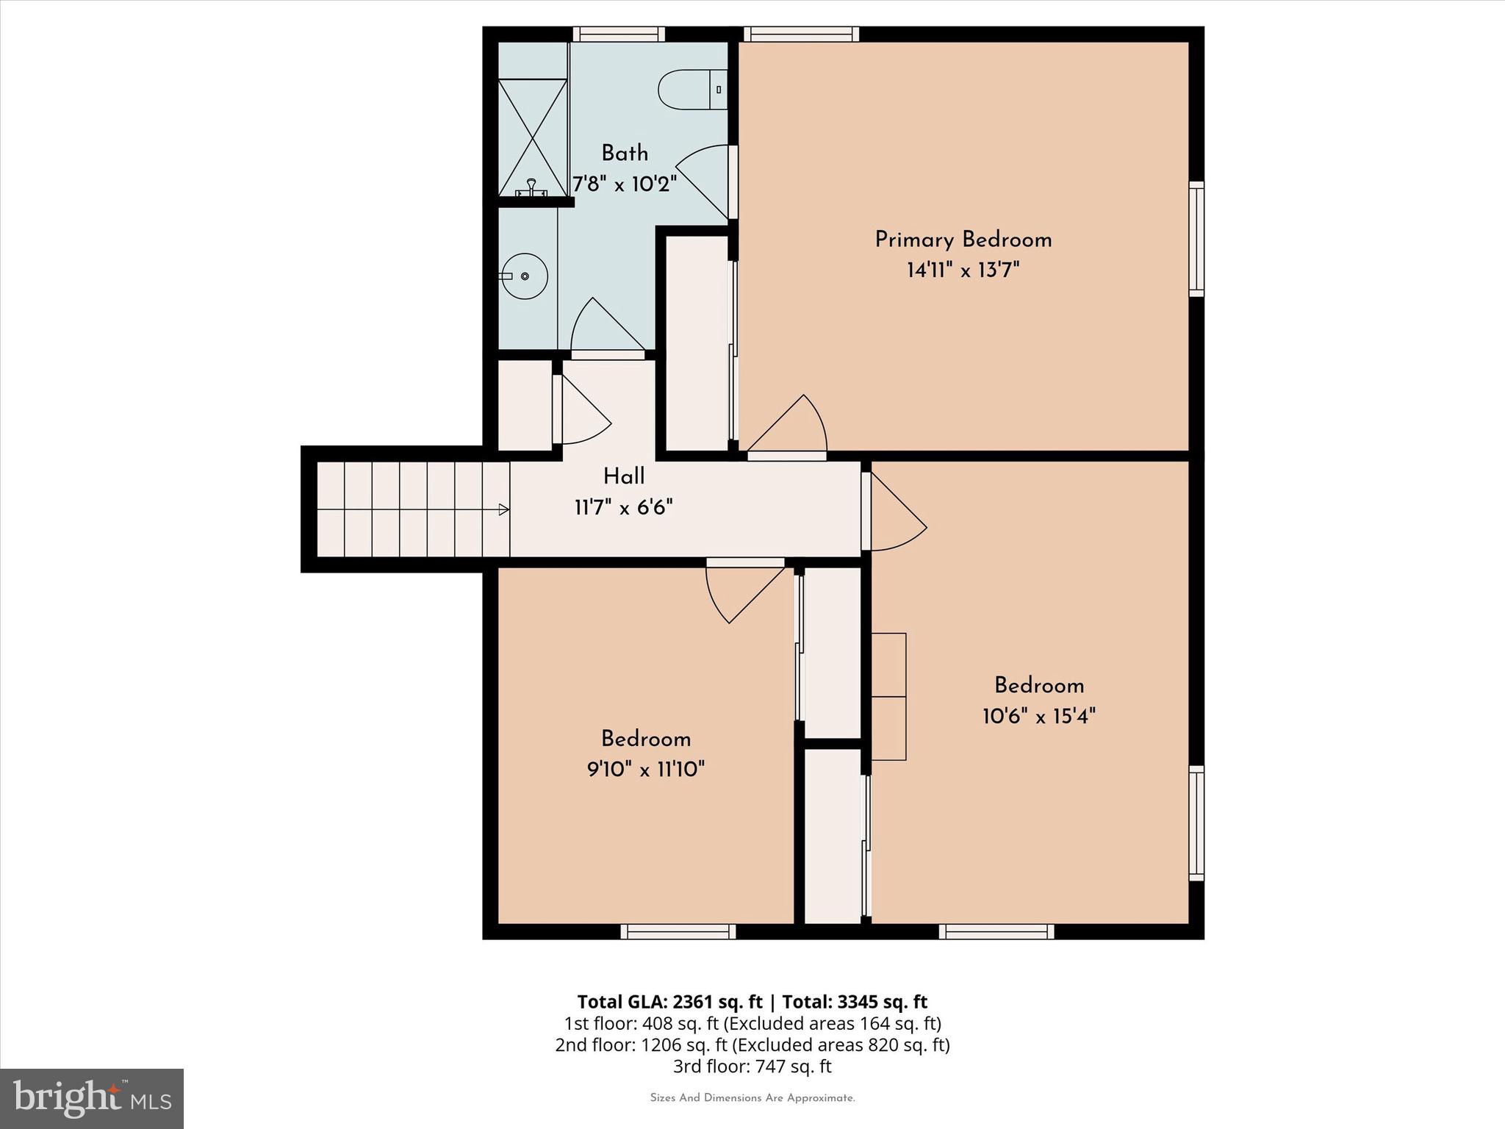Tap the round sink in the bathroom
click(524, 276)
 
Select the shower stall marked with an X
click(533, 137)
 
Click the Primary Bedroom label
click(963, 240)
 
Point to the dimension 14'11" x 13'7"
click(963, 270)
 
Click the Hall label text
click(624, 477)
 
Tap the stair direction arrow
click(503, 509)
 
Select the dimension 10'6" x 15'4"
click(1038, 716)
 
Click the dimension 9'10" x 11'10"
click(645, 770)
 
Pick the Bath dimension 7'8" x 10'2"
click(625, 184)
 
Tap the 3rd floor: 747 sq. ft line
click(752, 1067)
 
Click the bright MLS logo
click(92, 1098)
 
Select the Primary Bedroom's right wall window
click(1196, 240)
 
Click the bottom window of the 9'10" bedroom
click(678, 932)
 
